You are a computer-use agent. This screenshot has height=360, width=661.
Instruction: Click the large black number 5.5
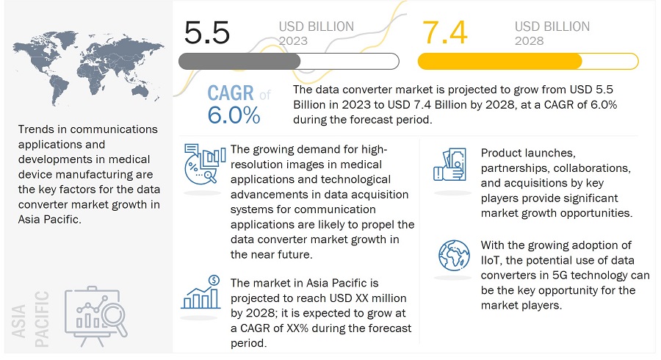[x=207, y=32]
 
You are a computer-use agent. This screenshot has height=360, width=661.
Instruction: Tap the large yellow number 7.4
[x=445, y=32]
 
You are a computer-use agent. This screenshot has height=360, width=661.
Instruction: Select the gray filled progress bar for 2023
[x=239, y=62]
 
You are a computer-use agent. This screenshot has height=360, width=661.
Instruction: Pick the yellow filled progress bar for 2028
[x=500, y=62]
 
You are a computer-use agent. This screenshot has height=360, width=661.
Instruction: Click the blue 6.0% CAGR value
[x=234, y=115]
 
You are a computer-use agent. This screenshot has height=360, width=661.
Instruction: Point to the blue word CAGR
[x=231, y=93]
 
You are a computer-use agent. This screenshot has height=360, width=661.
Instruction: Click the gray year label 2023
[x=293, y=41]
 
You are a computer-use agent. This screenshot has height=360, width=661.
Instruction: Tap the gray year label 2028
[x=529, y=41]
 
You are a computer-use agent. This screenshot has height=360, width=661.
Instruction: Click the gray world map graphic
[x=88, y=68]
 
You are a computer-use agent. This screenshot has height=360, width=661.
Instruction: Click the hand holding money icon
[x=450, y=165]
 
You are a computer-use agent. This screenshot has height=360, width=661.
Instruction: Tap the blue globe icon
[x=454, y=256]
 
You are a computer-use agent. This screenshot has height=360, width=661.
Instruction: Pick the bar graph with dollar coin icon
[x=201, y=292]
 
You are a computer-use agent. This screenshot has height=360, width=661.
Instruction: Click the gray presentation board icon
[x=95, y=316]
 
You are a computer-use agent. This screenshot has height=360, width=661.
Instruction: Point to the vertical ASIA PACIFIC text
[x=30, y=319]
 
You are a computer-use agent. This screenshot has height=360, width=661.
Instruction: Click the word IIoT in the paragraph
[x=490, y=261]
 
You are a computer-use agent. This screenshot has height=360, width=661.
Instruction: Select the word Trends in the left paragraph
[x=36, y=129]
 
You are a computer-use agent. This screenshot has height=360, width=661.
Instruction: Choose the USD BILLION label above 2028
[x=552, y=26]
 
